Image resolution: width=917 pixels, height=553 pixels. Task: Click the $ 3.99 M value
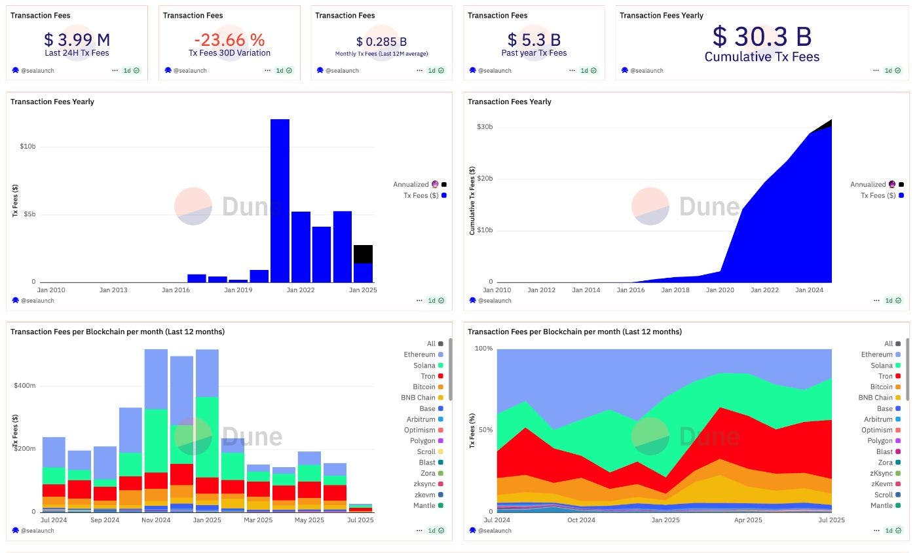click(77, 39)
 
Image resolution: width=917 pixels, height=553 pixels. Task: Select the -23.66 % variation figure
click(229, 39)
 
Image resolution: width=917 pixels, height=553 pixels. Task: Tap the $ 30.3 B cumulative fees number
click(762, 36)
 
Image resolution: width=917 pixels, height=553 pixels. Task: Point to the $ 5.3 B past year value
click(534, 39)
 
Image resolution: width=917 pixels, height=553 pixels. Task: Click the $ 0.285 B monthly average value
click(381, 42)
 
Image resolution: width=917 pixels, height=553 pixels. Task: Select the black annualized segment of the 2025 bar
click(363, 254)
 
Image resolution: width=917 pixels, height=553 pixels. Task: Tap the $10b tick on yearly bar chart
click(28, 146)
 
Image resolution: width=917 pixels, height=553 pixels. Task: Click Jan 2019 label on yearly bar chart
click(238, 290)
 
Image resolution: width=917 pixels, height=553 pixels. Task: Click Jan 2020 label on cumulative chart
click(720, 290)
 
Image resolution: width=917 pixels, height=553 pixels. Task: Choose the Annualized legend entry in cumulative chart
click(869, 185)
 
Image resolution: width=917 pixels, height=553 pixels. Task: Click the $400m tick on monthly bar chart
click(25, 386)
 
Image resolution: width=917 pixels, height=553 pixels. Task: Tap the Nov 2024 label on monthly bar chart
click(156, 520)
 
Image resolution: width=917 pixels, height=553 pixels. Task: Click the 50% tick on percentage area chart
click(484, 430)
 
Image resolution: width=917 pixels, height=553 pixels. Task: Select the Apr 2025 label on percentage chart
click(749, 520)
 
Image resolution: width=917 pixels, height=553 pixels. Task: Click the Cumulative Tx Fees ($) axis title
click(472, 200)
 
